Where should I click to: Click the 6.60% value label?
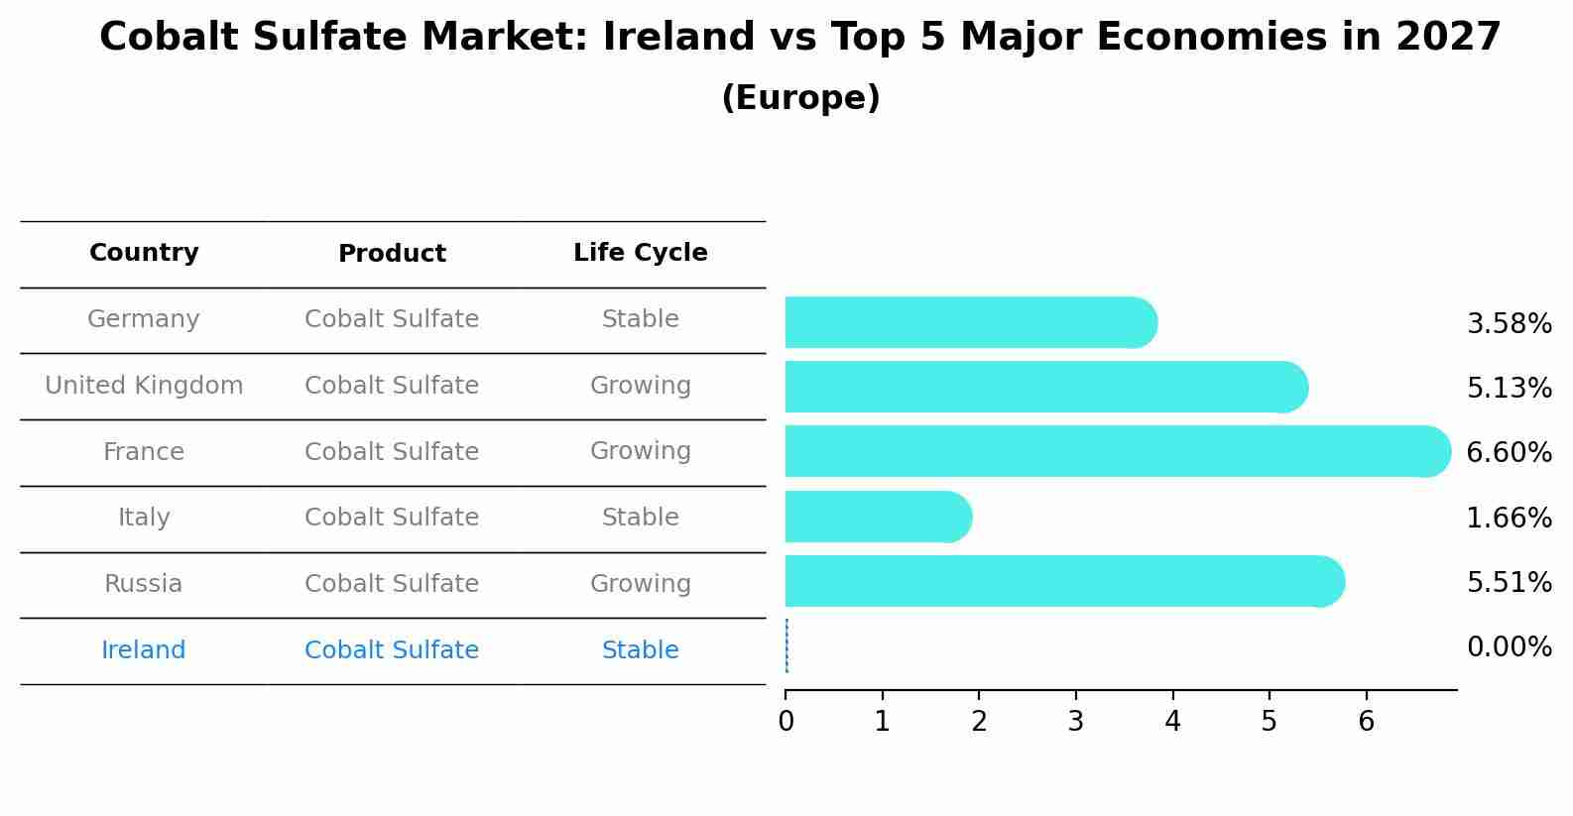(x=1508, y=453)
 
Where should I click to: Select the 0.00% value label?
(x=1508, y=647)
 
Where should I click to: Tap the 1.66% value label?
(x=1508, y=518)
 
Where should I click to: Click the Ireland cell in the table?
(x=144, y=650)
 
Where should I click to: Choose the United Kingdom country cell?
(x=144, y=386)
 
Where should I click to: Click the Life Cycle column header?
(x=640, y=253)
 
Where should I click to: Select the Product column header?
(x=392, y=254)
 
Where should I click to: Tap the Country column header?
(x=144, y=253)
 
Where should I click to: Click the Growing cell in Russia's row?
(x=640, y=584)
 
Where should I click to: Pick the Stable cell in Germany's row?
(x=640, y=319)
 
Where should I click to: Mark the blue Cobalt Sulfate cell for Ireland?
(x=392, y=650)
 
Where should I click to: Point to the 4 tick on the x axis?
(x=1172, y=722)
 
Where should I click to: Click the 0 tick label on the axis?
(x=786, y=722)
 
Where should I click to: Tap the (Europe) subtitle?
(x=800, y=98)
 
